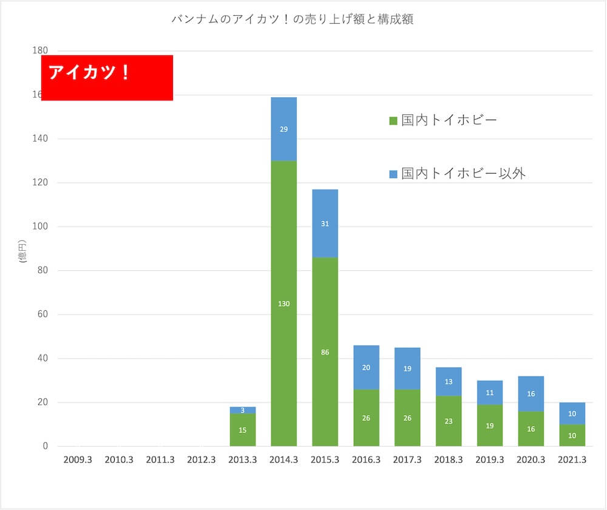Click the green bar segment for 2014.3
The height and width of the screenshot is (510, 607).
click(283, 255)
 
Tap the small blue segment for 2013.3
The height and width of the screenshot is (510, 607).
click(243, 410)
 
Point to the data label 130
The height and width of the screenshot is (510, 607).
click(283, 304)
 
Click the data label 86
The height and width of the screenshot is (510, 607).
click(325, 352)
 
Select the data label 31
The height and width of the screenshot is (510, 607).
click(325, 223)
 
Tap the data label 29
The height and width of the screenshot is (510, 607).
click(283, 129)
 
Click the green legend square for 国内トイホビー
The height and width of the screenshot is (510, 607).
click(393, 121)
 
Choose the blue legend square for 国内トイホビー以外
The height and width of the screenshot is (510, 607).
click(393, 174)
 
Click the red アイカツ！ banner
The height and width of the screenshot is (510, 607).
click(107, 78)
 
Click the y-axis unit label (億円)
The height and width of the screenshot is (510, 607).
click(22, 251)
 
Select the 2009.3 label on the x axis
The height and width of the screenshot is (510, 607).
click(78, 460)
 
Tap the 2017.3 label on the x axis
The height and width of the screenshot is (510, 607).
click(407, 460)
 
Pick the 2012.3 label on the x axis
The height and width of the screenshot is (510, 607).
click(202, 460)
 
